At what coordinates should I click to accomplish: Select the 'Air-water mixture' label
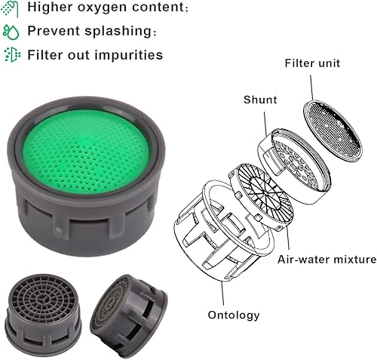(x=326, y=260)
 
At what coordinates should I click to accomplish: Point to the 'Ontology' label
(x=234, y=315)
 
